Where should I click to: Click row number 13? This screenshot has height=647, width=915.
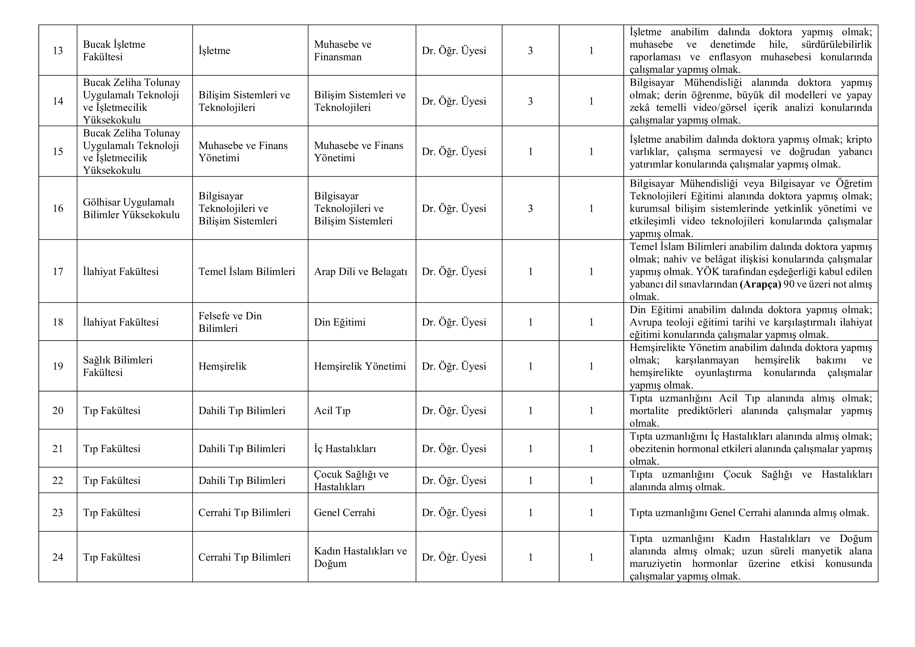58,51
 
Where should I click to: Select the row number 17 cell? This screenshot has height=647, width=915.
58,272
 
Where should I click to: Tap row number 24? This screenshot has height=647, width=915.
58,557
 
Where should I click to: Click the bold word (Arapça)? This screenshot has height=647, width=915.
760,284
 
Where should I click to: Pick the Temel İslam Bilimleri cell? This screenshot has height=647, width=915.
247,272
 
